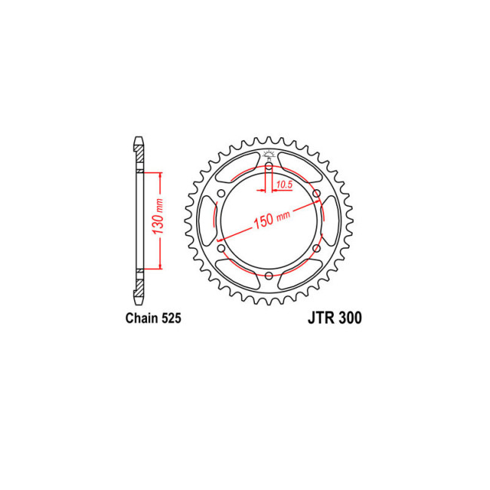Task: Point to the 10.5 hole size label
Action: [x=284, y=184]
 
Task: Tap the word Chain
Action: [x=140, y=318]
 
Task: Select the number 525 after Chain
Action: [x=170, y=318]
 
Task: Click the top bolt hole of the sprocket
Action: [x=268, y=166]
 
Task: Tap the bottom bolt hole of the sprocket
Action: [x=268, y=276]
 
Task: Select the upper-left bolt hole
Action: [x=221, y=194]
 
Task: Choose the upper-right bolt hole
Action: [x=316, y=194]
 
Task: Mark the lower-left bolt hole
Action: [x=221, y=248]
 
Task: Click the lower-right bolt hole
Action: [x=316, y=248]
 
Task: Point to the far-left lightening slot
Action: [x=208, y=221]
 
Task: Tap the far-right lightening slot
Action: [x=329, y=221]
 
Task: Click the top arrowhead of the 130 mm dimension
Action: [x=159, y=176]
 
